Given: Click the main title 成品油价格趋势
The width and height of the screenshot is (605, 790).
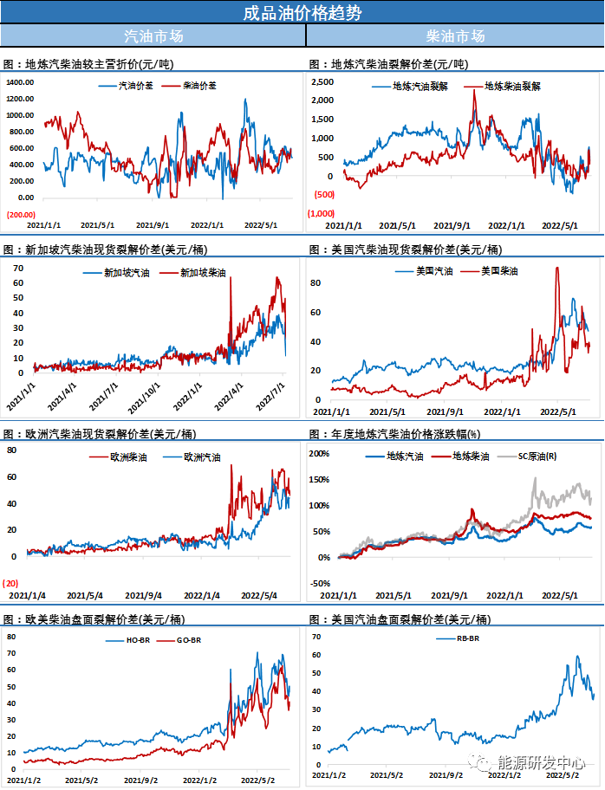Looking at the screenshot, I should click(x=302, y=12).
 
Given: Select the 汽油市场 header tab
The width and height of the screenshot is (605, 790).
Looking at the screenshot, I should click(x=153, y=36).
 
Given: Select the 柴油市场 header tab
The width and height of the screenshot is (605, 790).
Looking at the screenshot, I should click(x=455, y=36).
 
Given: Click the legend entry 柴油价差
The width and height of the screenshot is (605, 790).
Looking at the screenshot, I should click(x=200, y=87).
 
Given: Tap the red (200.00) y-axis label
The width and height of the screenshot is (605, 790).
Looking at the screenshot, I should click(x=22, y=214).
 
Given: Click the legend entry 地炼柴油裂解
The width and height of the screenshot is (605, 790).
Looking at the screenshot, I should click(x=512, y=87).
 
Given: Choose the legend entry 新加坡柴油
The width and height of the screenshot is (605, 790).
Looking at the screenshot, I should click(x=203, y=273).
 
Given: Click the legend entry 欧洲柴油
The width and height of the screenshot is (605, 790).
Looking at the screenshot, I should click(x=128, y=457).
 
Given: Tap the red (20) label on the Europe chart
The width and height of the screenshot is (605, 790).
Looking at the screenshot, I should click(x=10, y=582).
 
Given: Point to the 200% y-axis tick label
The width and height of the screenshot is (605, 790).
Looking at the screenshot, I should click(x=320, y=453).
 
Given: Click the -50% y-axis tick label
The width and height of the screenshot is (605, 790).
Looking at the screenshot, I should click(x=320, y=583).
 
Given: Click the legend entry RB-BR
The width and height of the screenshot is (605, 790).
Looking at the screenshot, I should click(x=469, y=638).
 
